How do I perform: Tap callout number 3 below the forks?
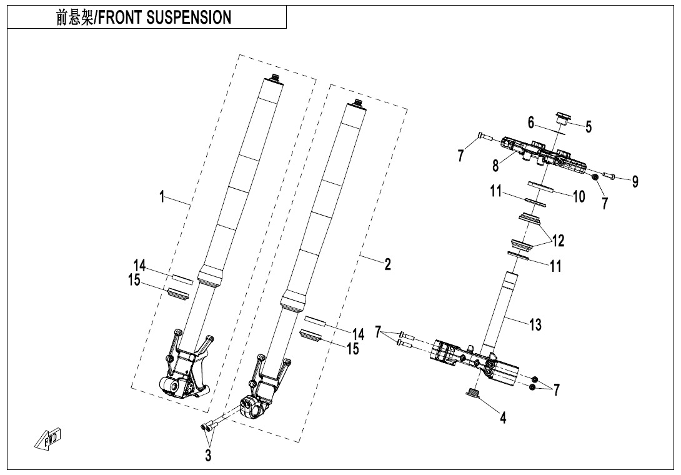coord(208,456)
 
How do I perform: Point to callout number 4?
coord(503,417)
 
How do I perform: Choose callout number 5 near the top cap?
coord(588,126)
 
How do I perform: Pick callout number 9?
coord(635,182)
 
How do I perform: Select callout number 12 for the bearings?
coord(557,240)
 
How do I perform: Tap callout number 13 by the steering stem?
coord(535,324)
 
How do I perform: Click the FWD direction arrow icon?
coord(49,439)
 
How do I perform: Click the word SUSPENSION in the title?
coord(188,17)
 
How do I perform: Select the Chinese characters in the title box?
coord(73,17)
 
